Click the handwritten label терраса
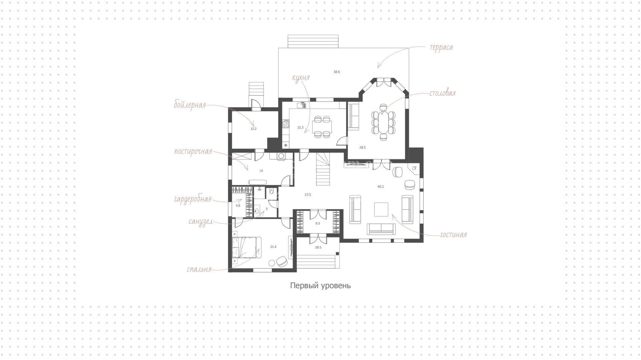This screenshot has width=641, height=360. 441,47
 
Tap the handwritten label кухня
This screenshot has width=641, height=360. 301,78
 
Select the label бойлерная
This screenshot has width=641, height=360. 190,105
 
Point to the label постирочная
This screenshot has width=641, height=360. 193,152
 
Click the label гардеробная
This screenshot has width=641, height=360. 193,199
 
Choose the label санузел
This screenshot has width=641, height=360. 200,221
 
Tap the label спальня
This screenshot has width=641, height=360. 199,269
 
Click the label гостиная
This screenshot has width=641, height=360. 453,235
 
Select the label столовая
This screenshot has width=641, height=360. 442,93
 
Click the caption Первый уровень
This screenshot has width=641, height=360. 320,286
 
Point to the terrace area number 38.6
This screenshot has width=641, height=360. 337,72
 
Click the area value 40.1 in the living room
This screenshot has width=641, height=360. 381,187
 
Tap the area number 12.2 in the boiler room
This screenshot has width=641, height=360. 253,129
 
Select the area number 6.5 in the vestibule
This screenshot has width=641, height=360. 318,223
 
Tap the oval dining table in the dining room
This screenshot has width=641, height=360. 383,123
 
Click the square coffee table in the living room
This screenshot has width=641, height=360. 381,209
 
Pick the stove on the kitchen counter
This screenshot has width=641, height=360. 286,124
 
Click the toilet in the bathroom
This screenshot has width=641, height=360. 271,192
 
